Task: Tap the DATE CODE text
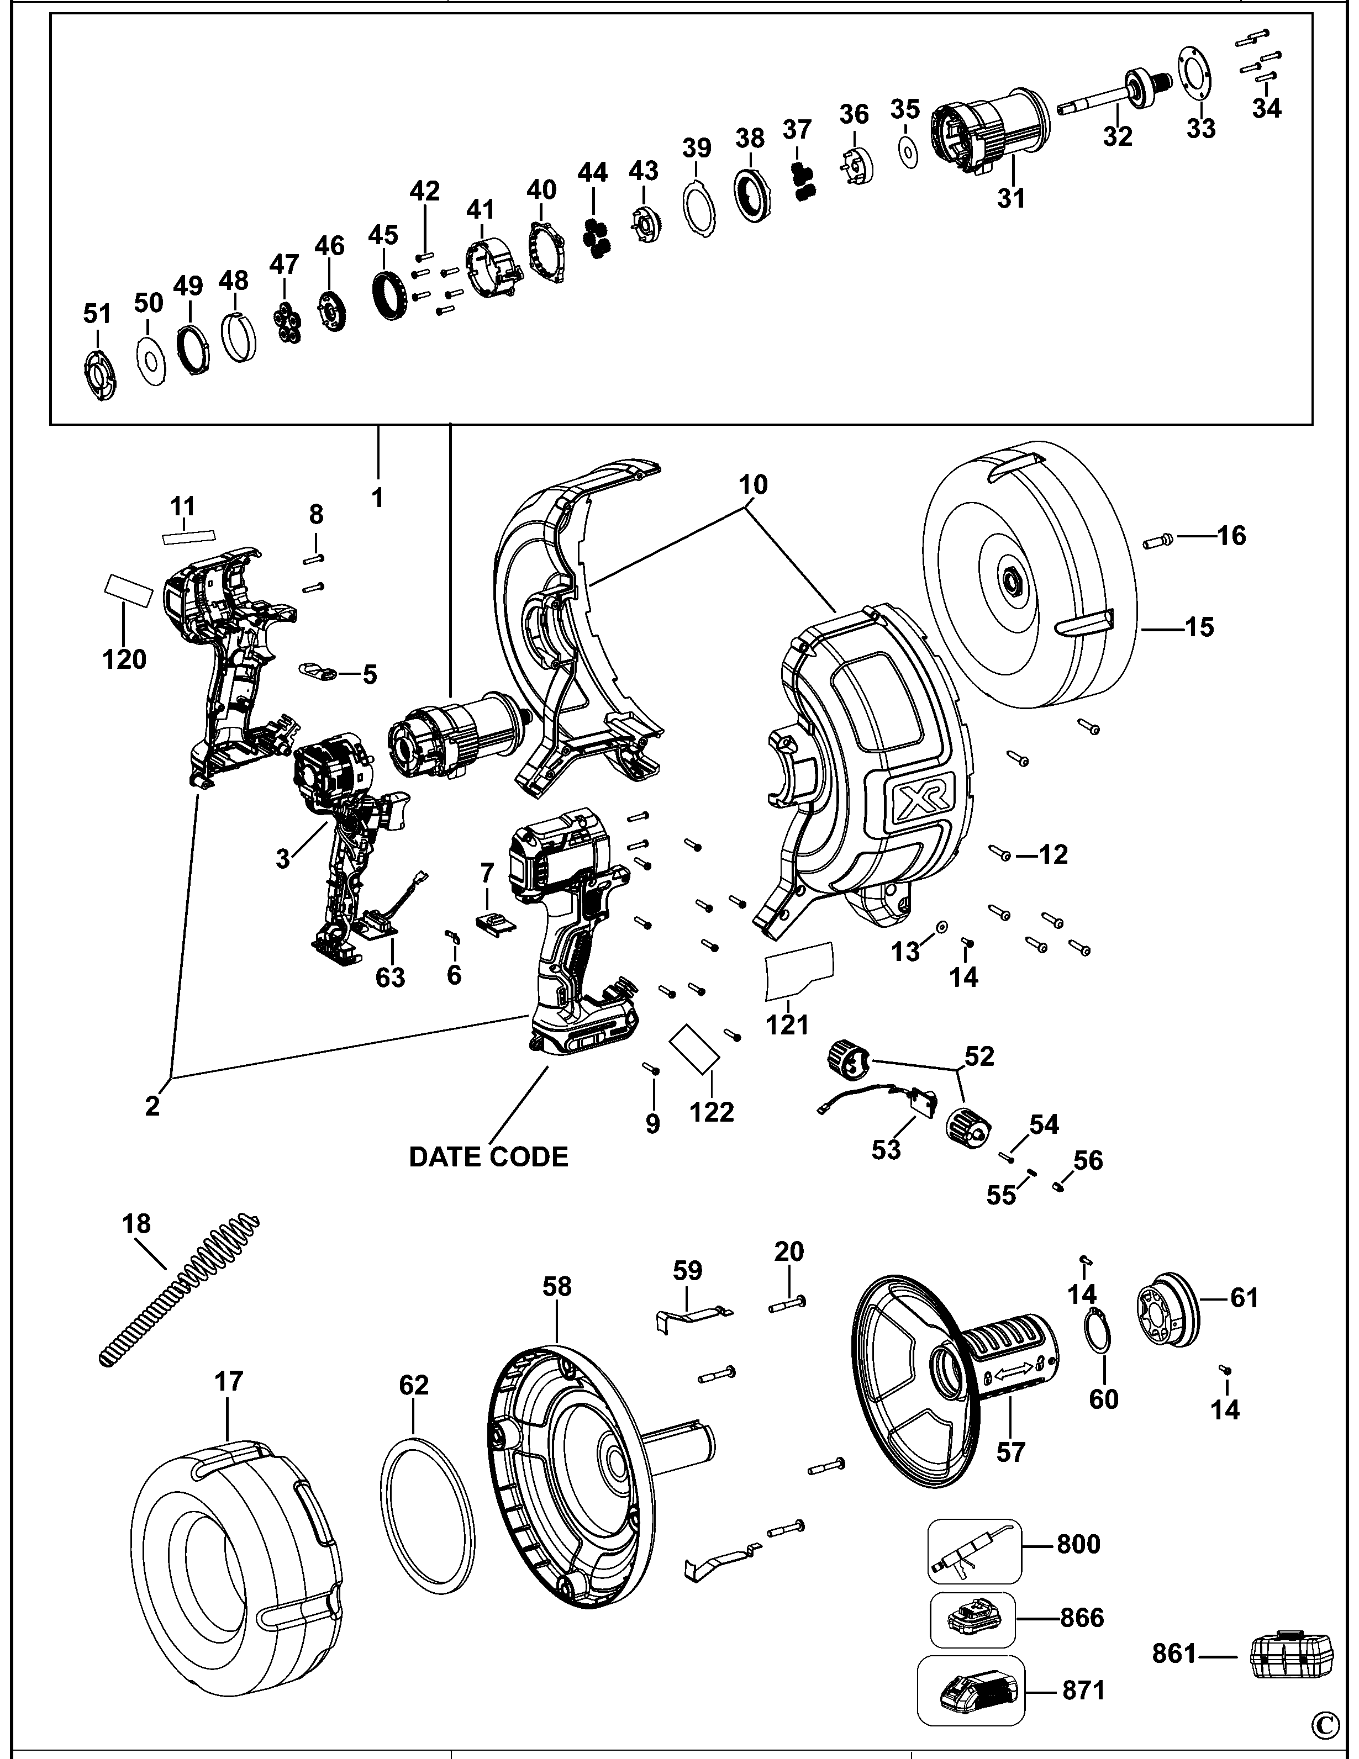tap(488, 1158)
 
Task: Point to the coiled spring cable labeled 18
tap(177, 1291)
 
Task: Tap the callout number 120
tap(125, 659)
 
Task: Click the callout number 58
tap(557, 1287)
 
